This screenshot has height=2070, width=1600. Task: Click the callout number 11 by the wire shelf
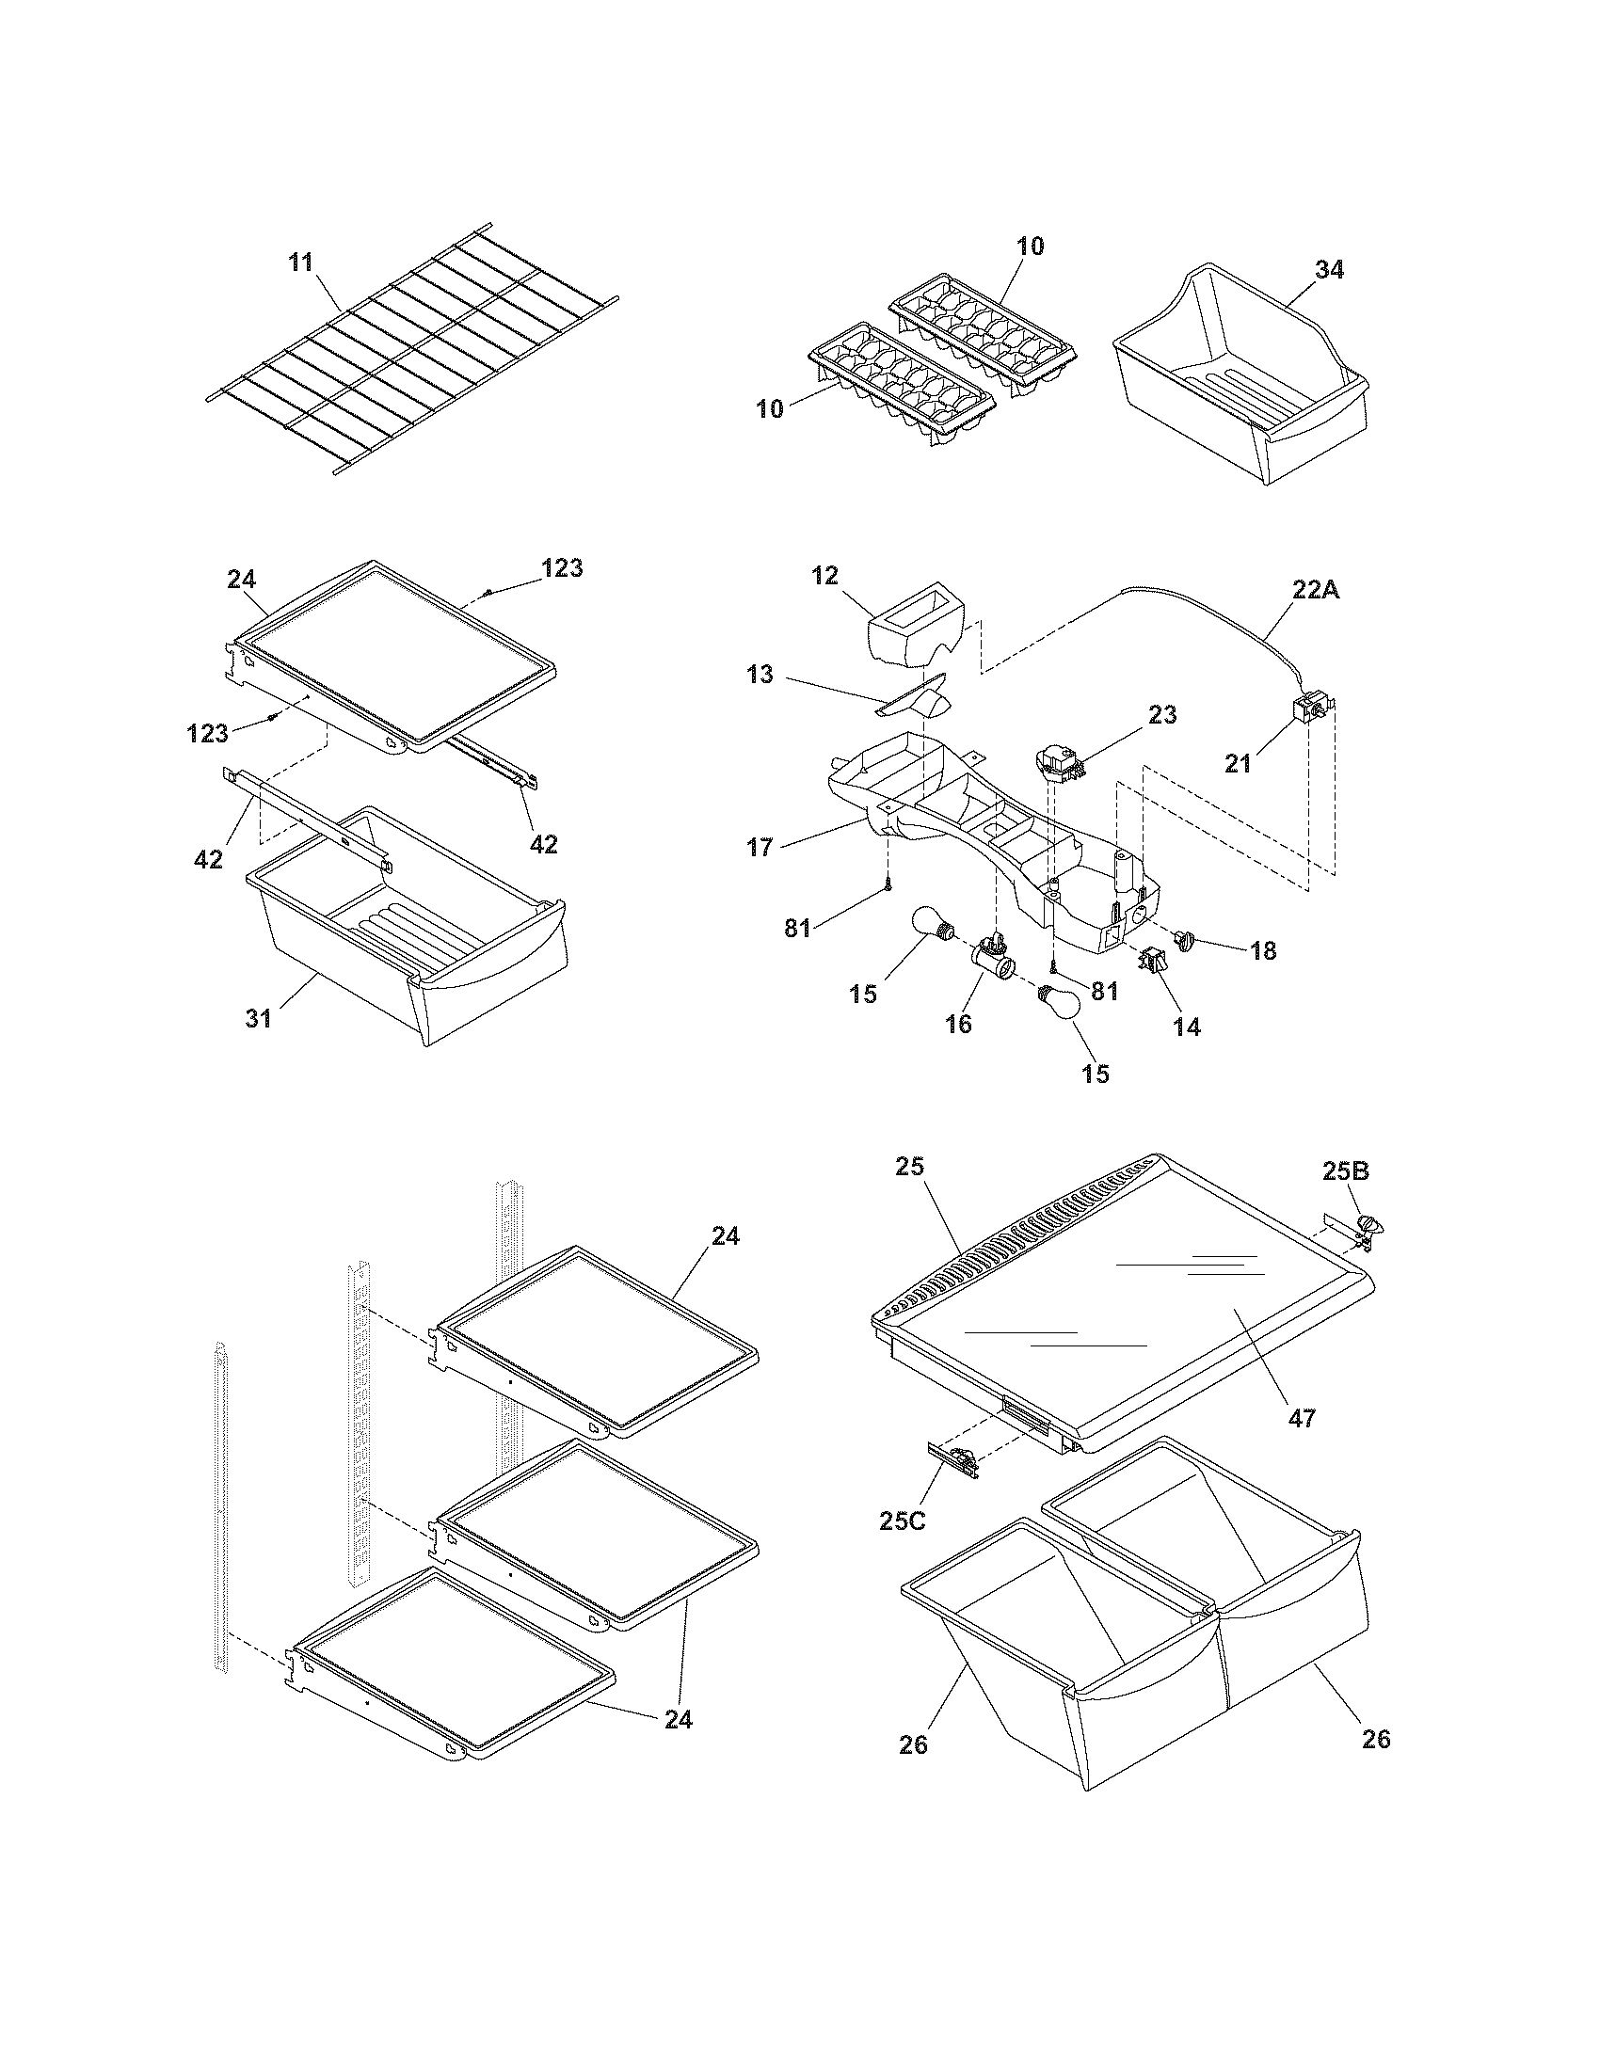(300, 263)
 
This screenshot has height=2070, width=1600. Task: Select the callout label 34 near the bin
(1330, 270)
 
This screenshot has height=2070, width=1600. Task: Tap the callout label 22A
(1316, 590)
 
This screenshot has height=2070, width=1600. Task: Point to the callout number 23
(1162, 715)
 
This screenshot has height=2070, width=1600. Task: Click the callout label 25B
(1346, 1171)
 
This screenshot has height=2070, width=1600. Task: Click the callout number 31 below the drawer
(259, 1018)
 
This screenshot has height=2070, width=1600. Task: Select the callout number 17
(760, 847)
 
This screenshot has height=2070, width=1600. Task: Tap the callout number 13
(760, 675)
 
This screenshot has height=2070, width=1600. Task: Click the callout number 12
(824, 575)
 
